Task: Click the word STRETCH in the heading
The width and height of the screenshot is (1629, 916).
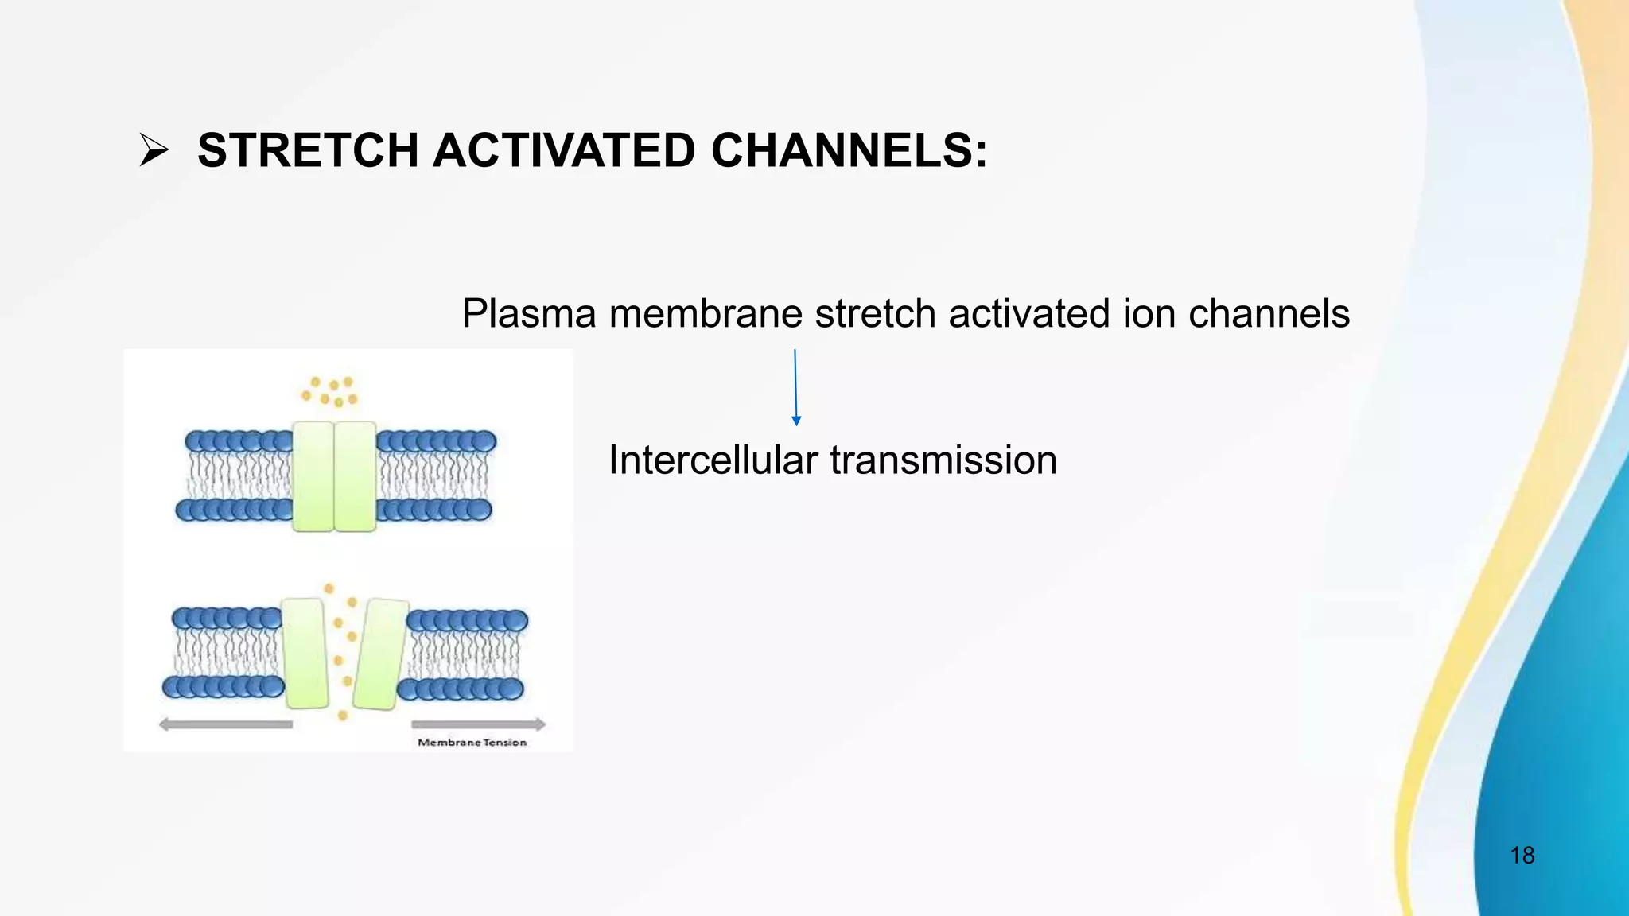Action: coord(307,150)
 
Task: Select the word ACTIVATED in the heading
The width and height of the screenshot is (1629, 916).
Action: coord(564,150)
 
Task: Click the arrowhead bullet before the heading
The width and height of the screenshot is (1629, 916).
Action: coord(154,150)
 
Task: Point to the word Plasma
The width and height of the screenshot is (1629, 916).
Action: coord(528,313)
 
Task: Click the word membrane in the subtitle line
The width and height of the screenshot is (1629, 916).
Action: coord(706,313)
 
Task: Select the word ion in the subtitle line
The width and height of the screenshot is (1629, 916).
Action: coord(1148,313)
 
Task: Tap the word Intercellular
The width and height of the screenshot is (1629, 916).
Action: coord(713,460)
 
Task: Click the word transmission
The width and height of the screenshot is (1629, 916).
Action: coord(943,460)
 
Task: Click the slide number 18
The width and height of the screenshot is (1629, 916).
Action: coord(1522,856)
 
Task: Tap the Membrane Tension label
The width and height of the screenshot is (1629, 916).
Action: coord(472,743)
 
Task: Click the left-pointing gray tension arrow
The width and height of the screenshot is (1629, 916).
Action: coord(226,724)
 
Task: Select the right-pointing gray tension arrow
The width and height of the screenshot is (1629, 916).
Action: coord(478,724)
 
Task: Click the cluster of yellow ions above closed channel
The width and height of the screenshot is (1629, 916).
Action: coord(329,391)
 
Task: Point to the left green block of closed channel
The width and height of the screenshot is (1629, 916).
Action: coord(313,476)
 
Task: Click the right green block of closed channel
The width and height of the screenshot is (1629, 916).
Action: coord(355,476)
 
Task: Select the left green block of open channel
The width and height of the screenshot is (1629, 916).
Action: coord(305,654)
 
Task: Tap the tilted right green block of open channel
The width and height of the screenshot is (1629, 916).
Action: coord(379,654)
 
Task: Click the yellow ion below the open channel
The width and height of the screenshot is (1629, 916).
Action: coord(343,716)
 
